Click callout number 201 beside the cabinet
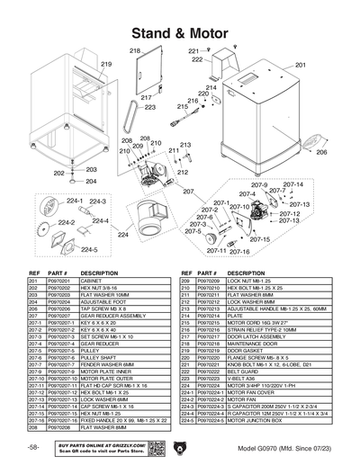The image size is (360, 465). [x=301, y=65]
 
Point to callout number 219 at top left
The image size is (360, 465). [x=105, y=65]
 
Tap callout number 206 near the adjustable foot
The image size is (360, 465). [x=321, y=153]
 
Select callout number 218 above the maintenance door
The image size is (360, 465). [x=135, y=52]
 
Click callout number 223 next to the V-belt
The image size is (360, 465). [x=149, y=107]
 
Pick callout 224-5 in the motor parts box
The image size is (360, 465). [x=89, y=249]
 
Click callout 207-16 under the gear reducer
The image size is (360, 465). [x=240, y=252]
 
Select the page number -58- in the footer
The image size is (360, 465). [x=32, y=447]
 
